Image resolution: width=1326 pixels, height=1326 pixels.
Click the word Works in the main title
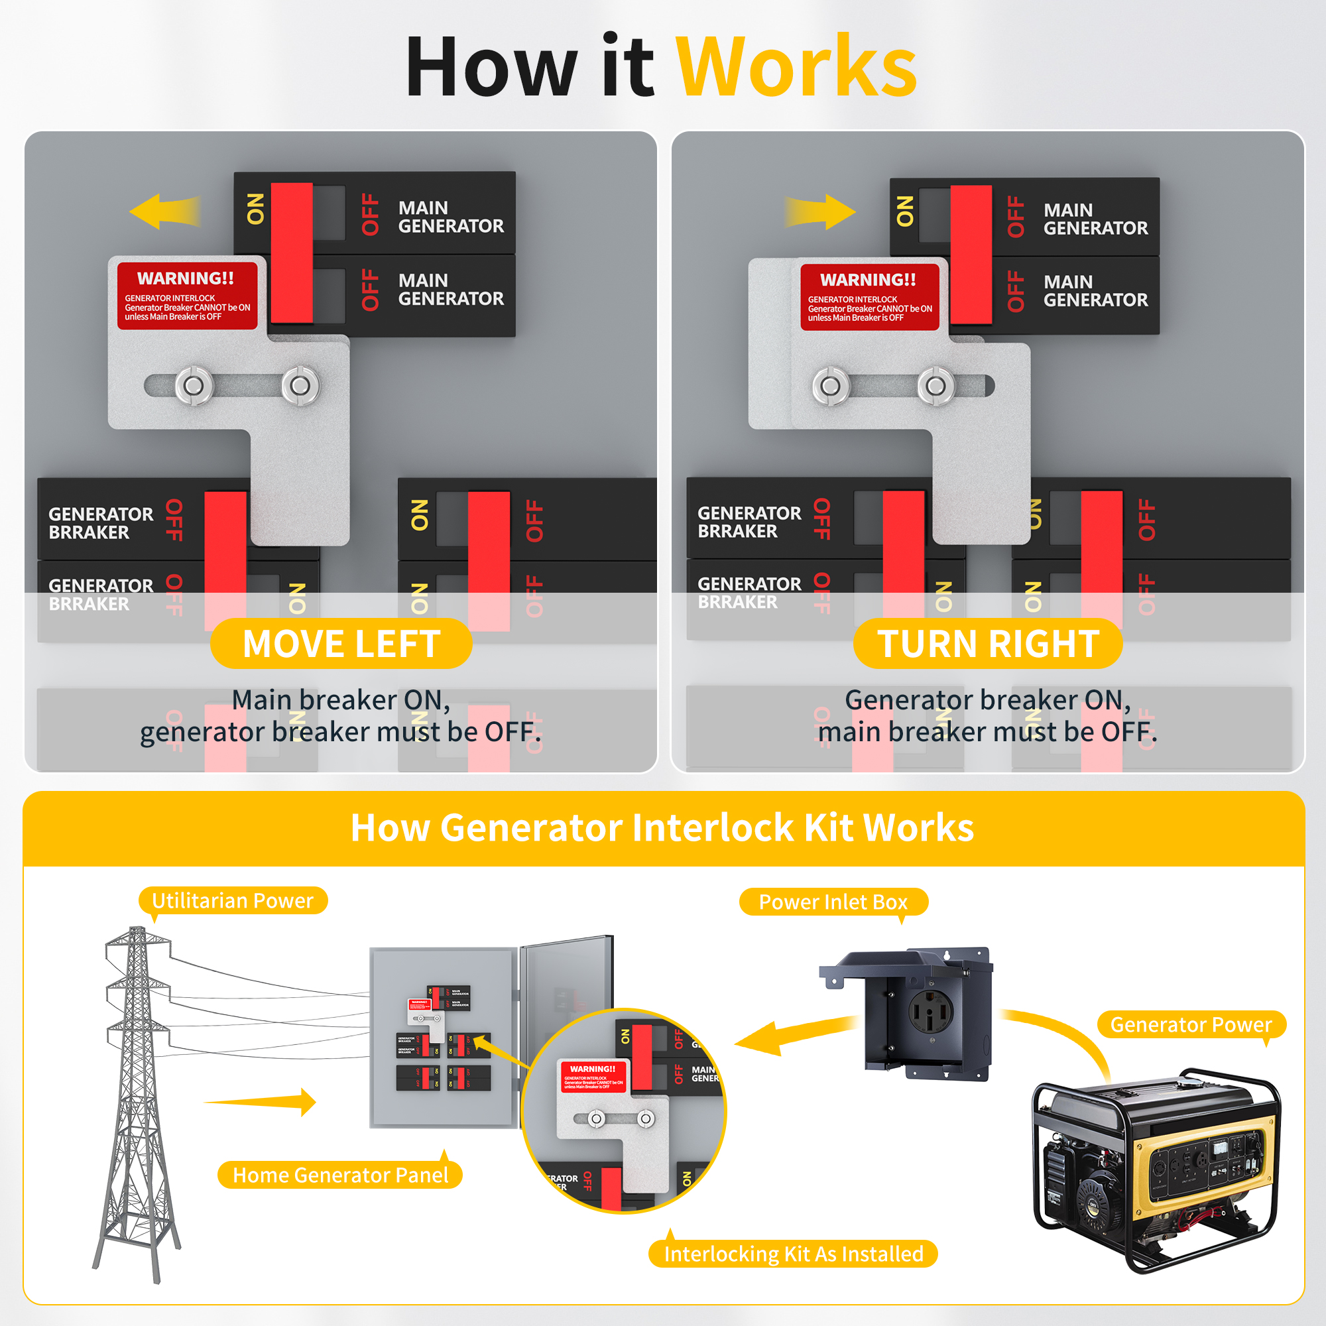point(796,67)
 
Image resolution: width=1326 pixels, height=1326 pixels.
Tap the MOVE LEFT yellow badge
point(341,644)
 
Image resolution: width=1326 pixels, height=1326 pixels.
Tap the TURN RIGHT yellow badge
point(988,644)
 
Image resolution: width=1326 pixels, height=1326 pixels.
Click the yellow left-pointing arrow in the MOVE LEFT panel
point(164,211)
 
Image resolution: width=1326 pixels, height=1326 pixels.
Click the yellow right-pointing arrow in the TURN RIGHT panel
point(821,211)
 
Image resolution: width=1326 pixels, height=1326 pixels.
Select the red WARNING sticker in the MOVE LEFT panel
point(187,296)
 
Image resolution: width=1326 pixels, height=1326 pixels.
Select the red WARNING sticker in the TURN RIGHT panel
point(870,297)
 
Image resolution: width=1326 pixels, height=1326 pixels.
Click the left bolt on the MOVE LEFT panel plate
point(194,386)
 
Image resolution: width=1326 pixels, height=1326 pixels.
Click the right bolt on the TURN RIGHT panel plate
point(936,386)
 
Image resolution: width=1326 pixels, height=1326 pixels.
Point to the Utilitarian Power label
point(233,900)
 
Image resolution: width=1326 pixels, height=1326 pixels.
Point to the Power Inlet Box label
point(833,902)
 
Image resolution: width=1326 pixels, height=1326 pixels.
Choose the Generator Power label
point(1191,1025)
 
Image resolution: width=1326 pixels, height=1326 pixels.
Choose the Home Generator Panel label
point(340,1175)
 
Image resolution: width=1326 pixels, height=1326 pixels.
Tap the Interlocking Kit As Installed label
point(794,1254)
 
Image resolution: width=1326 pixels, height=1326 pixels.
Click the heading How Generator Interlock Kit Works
point(662,827)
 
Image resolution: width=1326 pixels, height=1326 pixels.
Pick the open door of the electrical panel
point(566,989)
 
